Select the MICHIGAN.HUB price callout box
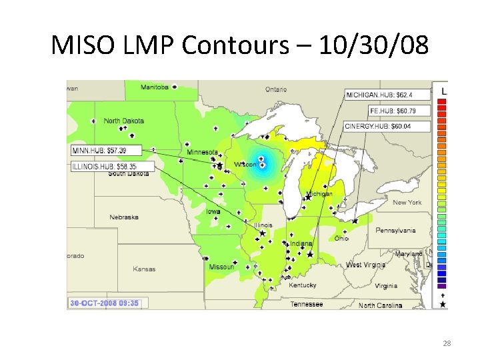tap(379, 95)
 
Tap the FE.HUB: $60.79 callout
tap(398, 111)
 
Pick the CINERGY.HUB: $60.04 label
tap(388, 126)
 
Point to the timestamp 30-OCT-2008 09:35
tap(105, 303)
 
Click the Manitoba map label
tap(155, 87)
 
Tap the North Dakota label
tap(124, 121)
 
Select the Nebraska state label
tap(124, 217)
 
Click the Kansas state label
tap(144, 269)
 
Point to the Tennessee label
tap(307, 305)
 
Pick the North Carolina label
tap(380, 305)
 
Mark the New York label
tap(407, 202)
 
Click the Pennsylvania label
tap(395, 231)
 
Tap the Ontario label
tap(275, 89)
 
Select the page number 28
tap(447, 343)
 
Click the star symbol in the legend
tap(442, 304)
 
